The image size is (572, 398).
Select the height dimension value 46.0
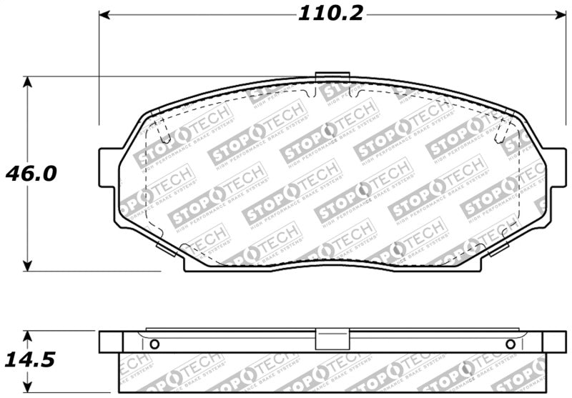(30, 174)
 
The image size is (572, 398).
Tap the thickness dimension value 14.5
(30, 359)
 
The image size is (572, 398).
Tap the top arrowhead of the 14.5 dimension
(27, 336)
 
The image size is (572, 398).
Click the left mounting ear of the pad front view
(107, 169)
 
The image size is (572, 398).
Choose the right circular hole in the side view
(510, 344)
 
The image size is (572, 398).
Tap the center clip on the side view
(332, 339)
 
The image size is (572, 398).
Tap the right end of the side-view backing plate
(555, 342)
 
